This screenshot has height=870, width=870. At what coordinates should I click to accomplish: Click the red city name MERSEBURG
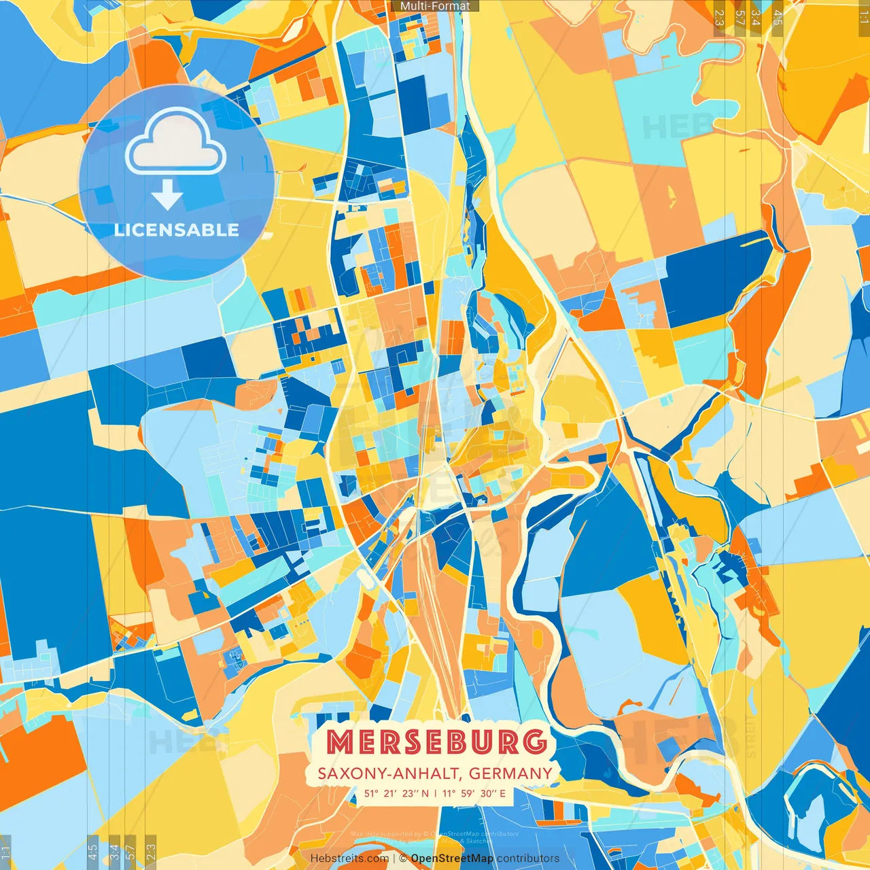[x=437, y=742]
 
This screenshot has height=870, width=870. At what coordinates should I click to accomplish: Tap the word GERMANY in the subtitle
[x=510, y=773]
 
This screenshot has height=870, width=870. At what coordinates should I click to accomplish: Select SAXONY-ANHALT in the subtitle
[x=389, y=773]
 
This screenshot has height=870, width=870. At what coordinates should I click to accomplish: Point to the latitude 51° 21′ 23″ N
[x=397, y=793]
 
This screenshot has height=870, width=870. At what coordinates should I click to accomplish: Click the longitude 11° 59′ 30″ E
[x=474, y=793]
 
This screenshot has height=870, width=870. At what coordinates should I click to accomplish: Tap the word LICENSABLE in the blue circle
[x=177, y=230]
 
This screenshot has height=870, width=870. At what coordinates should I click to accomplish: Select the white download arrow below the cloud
[x=167, y=196]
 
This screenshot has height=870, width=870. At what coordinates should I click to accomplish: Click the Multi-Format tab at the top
[x=435, y=6]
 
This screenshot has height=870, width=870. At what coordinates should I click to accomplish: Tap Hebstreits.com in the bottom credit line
[x=349, y=858]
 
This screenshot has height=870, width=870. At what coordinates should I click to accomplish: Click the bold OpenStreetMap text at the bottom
[x=452, y=858]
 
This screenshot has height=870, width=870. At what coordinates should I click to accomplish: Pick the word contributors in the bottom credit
[x=528, y=858]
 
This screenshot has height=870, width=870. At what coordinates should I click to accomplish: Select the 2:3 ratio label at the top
[x=719, y=18]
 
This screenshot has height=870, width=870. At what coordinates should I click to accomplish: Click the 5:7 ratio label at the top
[x=739, y=18]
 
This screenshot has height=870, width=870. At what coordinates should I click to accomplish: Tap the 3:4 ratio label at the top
[x=756, y=18]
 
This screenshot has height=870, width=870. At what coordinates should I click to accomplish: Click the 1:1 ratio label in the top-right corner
[x=863, y=18]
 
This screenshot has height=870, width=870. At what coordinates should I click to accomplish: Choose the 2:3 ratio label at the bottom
[x=151, y=850]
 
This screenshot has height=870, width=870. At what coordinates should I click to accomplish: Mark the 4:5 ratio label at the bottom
[x=92, y=850]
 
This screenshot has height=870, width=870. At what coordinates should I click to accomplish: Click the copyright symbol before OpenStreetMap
[x=403, y=858]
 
